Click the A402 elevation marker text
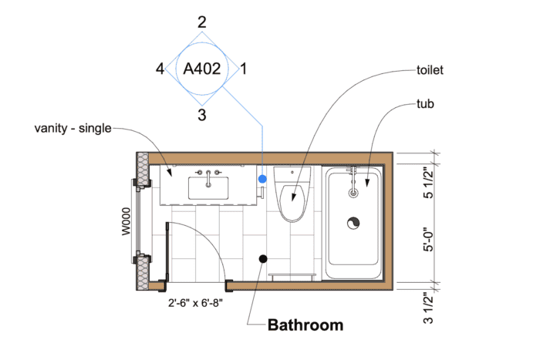pyautogui.click(x=202, y=69)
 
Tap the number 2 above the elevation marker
pyautogui.click(x=202, y=22)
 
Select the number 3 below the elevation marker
pyautogui.click(x=202, y=115)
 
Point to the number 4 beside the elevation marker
pyautogui.click(x=160, y=69)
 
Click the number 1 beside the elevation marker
pyautogui.click(x=244, y=69)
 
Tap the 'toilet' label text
pyautogui.click(x=430, y=70)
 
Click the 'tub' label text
pyautogui.click(x=425, y=103)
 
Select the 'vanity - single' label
pyautogui.click(x=73, y=129)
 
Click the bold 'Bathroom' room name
pyautogui.click(x=305, y=325)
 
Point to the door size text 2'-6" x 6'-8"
pyautogui.click(x=195, y=303)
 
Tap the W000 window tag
pyautogui.click(x=127, y=221)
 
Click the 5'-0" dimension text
pyautogui.click(x=428, y=239)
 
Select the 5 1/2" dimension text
pyautogui.click(x=428, y=183)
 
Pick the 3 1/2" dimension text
pyautogui.click(x=428, y=308)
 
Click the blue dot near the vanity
pyautogui.click(x=262, y=179)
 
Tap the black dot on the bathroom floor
pyautogui.click(x=263, y=259)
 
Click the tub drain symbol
pyautogui.click(x=353, y=224)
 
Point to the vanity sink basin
pyautogui.click(x=208, y=188)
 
